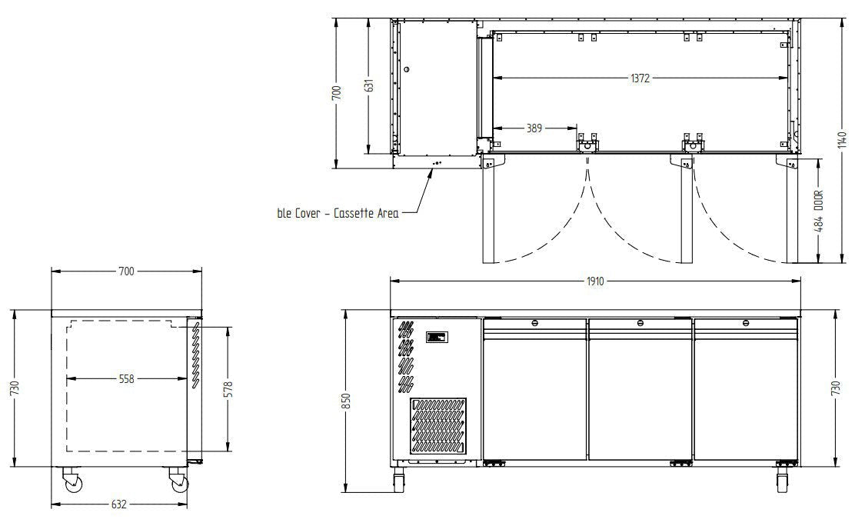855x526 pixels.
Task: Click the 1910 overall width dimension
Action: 595,281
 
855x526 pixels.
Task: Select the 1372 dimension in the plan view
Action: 640,78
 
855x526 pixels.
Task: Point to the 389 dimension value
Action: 534,128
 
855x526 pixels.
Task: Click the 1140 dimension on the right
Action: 843,140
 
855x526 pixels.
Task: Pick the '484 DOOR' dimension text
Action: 819,211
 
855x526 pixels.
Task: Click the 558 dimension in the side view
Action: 127,378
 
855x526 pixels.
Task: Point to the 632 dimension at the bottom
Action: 119,504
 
